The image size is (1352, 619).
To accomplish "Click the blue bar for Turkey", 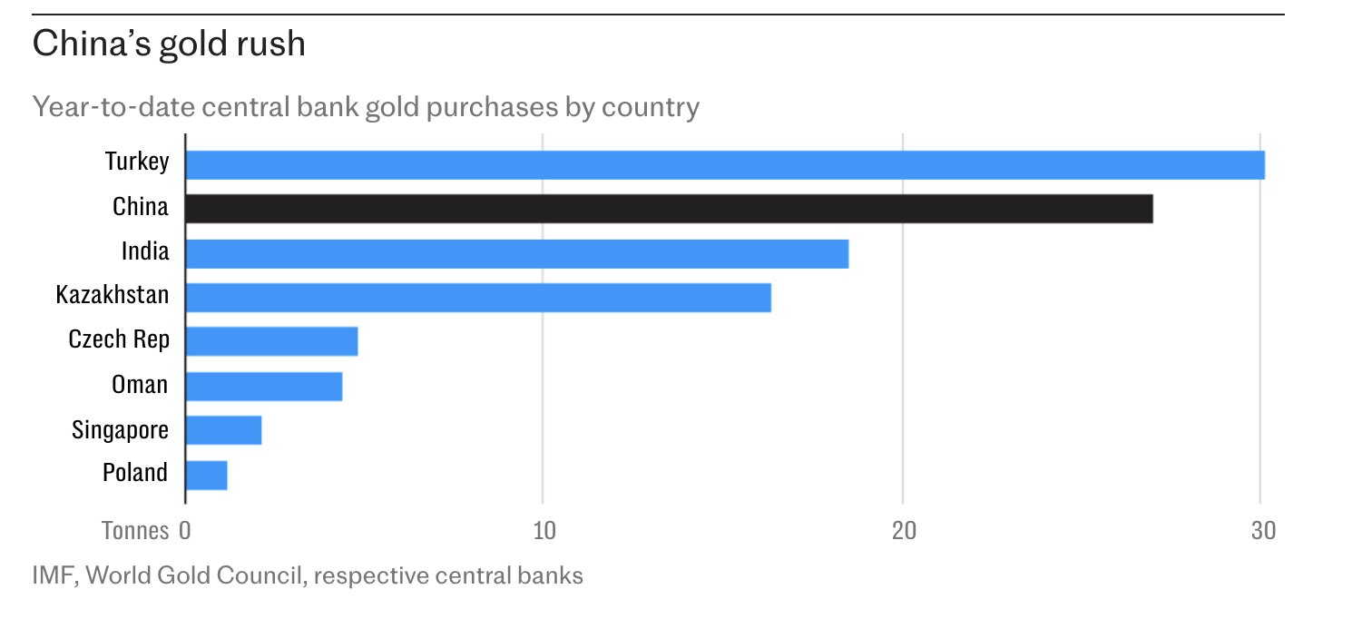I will coord(724,165).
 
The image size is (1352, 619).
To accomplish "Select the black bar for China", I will coord(669,209).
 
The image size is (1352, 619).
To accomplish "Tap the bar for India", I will coord(516,253).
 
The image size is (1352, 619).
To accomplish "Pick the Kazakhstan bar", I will coord(477,298).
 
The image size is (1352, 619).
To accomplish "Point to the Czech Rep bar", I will coord(271,341).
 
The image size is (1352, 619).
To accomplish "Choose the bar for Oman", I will coord(263,386).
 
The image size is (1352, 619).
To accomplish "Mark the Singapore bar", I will coord(223,430).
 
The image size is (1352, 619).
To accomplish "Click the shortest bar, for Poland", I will coord(206,475).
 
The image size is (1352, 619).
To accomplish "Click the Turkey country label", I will coord(137,162).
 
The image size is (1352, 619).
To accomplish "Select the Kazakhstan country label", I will coord(113,296).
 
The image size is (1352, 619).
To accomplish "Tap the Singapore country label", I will coord(121,429).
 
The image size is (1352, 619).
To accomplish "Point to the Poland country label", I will coord(135,473).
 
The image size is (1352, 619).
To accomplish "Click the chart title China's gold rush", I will coord(169,44).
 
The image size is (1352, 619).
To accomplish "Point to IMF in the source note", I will coord(53,575).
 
